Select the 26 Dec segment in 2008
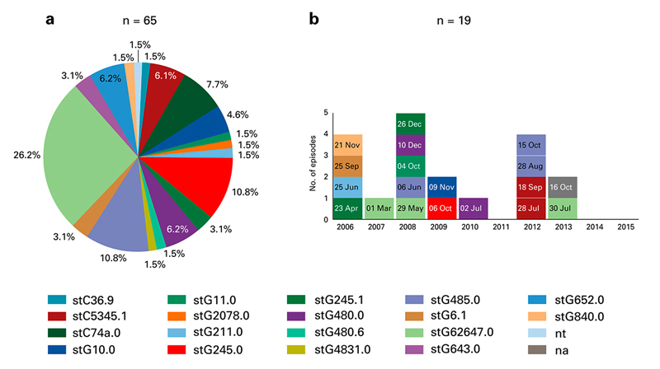tap(410, 124)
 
